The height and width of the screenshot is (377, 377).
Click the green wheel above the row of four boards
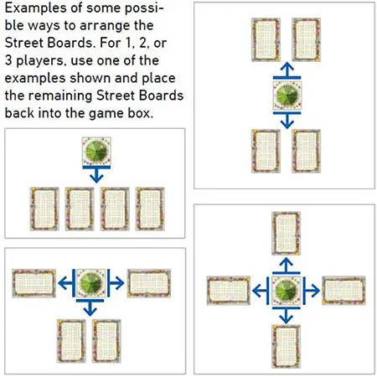click(96, 151)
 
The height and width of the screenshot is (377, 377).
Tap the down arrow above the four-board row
click(96, 173)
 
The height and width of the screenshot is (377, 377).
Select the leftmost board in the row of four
click(44, 209)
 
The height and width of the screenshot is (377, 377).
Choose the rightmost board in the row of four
click(150, 209)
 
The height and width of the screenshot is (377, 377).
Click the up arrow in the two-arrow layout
click(287, 70)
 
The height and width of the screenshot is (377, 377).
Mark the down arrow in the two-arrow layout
click(287, 120)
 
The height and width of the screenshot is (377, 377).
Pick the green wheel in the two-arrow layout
click(287, 96)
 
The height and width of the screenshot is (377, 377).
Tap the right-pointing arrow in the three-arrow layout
click(116, 283)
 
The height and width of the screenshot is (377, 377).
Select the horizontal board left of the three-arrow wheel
click(34, 283)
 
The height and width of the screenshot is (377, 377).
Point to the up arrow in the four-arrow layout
click(287, 266)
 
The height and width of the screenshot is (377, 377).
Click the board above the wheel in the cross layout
click(287, 233)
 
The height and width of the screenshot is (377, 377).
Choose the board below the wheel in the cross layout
click(287, 347)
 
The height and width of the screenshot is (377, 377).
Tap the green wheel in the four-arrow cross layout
click(287, 291)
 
